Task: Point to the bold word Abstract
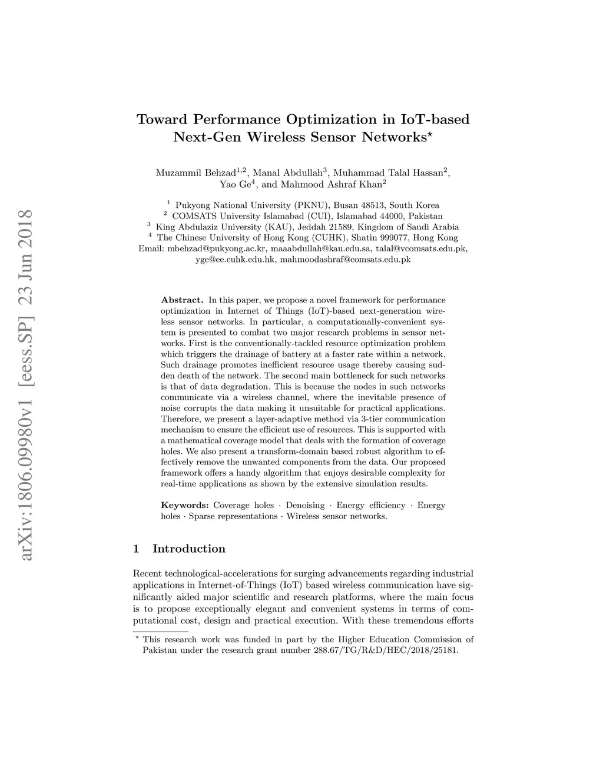(x=182, y=300)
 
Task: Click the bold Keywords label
(x=185, y=505)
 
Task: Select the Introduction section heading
(x=188, y=549)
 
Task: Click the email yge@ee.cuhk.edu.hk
(x=236, y=259)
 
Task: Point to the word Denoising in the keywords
(x=305, y=505)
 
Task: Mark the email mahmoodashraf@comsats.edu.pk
(x=345, y=259)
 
